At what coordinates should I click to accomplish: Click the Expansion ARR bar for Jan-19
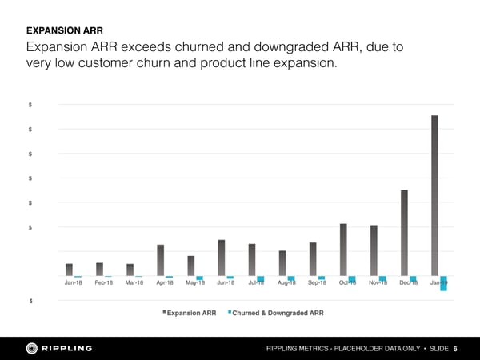click(435, 196)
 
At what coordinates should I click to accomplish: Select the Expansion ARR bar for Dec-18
click(405, 233)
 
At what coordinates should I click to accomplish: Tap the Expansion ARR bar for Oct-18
click(343, 250)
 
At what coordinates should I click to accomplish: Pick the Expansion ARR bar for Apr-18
click(161, 260)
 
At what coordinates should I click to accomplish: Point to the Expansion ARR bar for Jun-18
click(222, 258)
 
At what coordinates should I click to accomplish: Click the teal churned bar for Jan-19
click(443, 283)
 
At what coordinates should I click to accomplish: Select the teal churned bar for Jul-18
click(261, 279)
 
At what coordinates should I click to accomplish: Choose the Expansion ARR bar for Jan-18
click(70, 270)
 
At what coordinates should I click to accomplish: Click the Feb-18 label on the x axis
click(104, 283)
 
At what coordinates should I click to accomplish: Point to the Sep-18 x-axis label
click(317, 283)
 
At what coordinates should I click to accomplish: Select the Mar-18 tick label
click(134, 283)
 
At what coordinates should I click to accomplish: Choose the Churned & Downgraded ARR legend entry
click(277, 313)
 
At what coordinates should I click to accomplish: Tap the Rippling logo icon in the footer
click(33, 348)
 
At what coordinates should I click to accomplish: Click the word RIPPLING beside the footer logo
click(67, 348)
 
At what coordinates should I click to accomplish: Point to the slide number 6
click(455, 349)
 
